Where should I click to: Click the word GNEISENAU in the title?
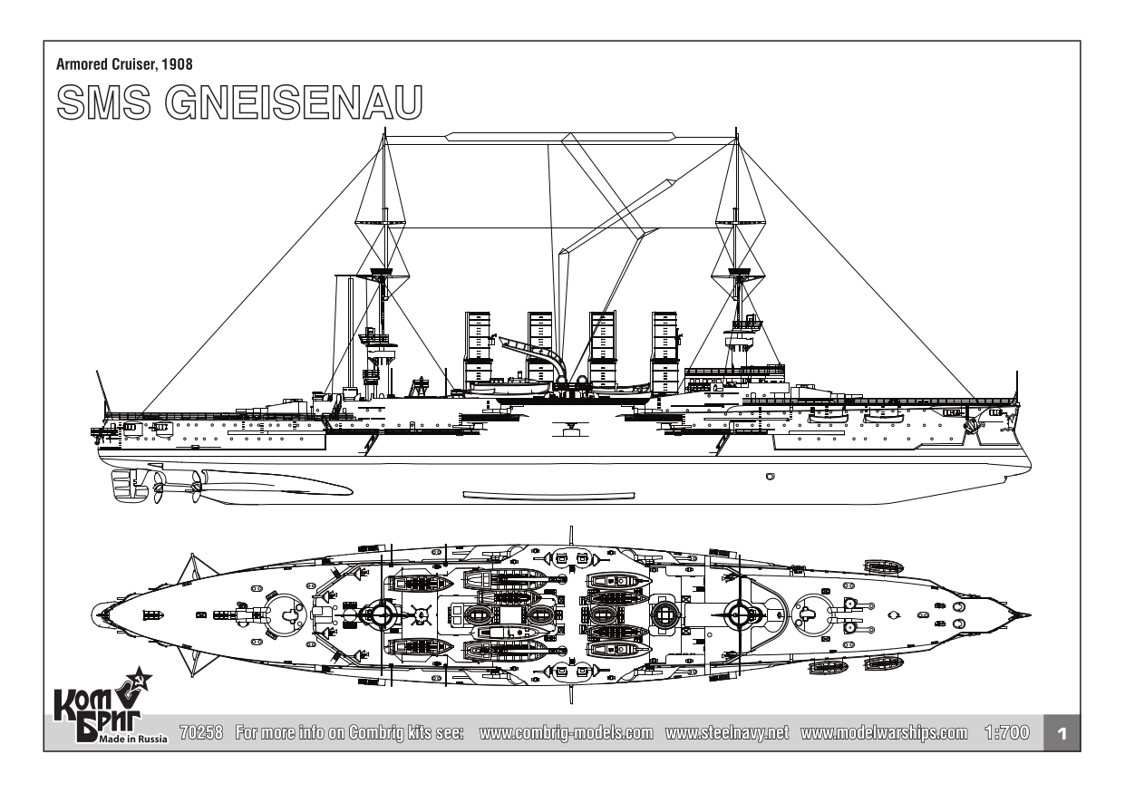tap(299, 103)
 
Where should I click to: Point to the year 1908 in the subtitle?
tap(177, 64)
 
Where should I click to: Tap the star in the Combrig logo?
tap(141, 681)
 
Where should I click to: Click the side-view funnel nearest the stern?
tap(478, 349)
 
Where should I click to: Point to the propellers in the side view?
tap(172, 489)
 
